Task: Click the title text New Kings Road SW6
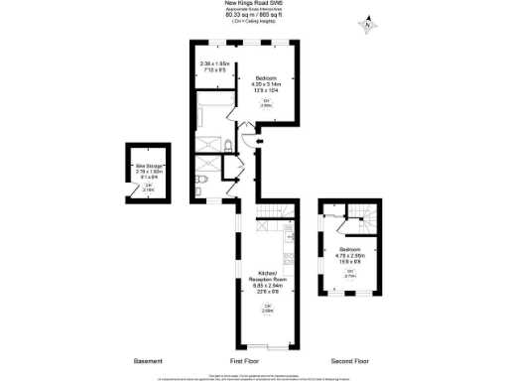click(x=254, y=4)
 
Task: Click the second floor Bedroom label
click(x=348, y=248)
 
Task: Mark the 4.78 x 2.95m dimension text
click(x=349, y=255)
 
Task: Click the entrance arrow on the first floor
click(x=260, y=143)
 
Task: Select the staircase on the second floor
click(x=358, y=218)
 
